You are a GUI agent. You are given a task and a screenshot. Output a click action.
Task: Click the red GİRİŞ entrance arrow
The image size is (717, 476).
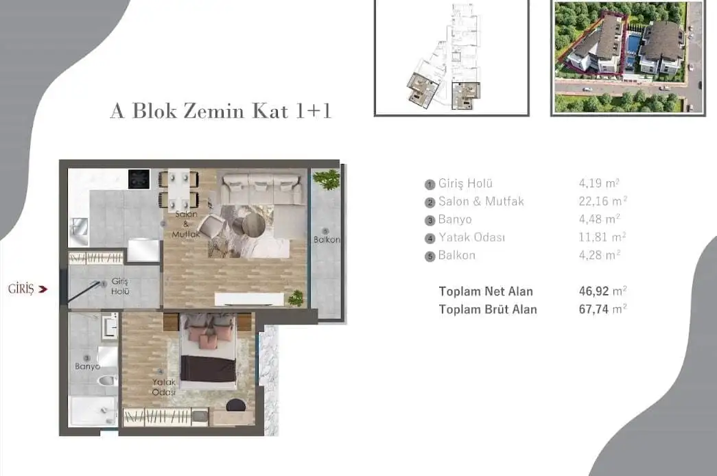(43, 289)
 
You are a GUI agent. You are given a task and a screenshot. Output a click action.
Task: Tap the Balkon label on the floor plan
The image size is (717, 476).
(327, 239)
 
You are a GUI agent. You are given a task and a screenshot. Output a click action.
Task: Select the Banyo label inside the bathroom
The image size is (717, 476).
(87, 366)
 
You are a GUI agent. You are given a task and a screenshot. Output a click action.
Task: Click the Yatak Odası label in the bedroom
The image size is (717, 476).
(164, 387)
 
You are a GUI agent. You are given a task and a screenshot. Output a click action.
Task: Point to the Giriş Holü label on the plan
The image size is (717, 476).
(120, 286)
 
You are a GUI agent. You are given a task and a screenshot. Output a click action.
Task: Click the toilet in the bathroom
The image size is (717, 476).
(108, 381)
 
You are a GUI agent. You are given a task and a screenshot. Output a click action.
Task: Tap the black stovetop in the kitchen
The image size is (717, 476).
(139, 179)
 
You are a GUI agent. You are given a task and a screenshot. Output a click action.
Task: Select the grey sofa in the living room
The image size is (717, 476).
(261, 188)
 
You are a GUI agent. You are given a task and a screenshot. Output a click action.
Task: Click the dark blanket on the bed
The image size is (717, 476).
(209, 369)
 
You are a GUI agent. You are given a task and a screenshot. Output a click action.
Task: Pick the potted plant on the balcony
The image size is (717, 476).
(327, 179)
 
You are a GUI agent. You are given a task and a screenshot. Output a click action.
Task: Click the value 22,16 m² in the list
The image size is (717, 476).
(602, 201)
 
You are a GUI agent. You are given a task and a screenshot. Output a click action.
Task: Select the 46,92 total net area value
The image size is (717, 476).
(593, 291)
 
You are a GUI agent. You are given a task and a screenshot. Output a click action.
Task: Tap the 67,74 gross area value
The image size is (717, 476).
(593, 309)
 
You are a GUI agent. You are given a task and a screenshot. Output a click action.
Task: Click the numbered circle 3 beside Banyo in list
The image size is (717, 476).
(430, 220)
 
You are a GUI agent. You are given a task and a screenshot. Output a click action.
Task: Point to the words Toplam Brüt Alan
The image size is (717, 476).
(487, 309)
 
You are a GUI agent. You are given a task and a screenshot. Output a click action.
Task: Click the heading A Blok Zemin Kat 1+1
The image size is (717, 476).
(220, 111)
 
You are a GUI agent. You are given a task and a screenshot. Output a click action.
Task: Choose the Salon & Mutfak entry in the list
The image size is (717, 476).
(481, 201)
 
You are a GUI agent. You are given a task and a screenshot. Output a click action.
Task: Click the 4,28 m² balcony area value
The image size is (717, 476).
(600, 255)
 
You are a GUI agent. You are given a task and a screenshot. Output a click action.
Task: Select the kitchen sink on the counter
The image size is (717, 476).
(79, 228)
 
